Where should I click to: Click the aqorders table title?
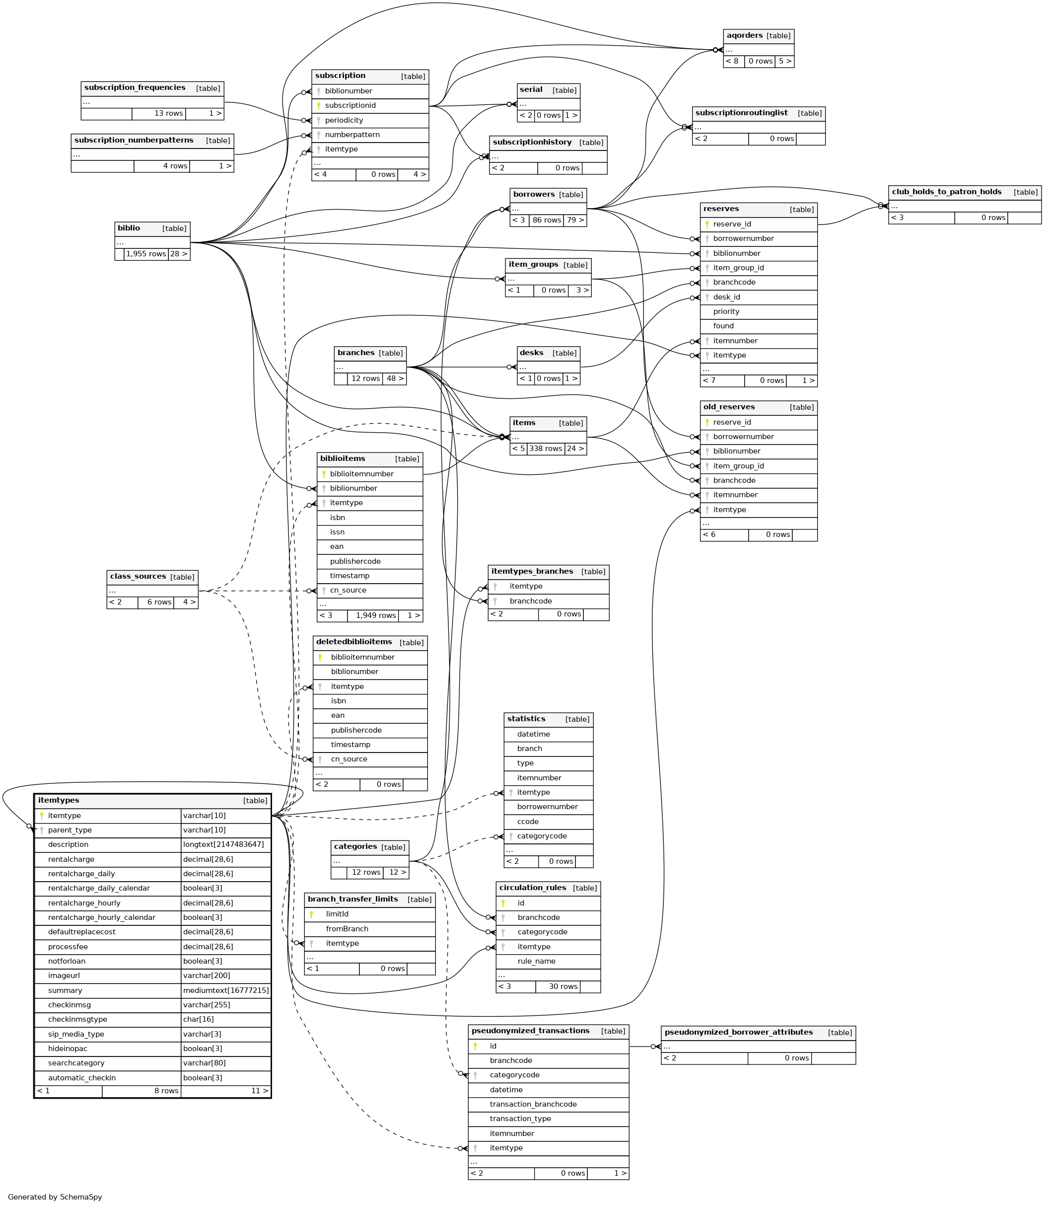745,36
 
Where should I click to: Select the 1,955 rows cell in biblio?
146,254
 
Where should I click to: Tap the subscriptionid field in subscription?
350,105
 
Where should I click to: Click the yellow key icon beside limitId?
311,914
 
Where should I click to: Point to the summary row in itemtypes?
65,990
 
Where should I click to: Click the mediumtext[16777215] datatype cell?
225,990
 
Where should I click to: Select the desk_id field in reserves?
726,297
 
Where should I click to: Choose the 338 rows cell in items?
546,449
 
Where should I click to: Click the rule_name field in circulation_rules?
536,961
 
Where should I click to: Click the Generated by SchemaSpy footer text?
55,1197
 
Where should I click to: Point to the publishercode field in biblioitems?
355,561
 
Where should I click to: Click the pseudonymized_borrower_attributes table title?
738,1032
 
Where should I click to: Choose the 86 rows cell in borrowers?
546,220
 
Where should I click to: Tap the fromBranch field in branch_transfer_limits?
347,929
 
